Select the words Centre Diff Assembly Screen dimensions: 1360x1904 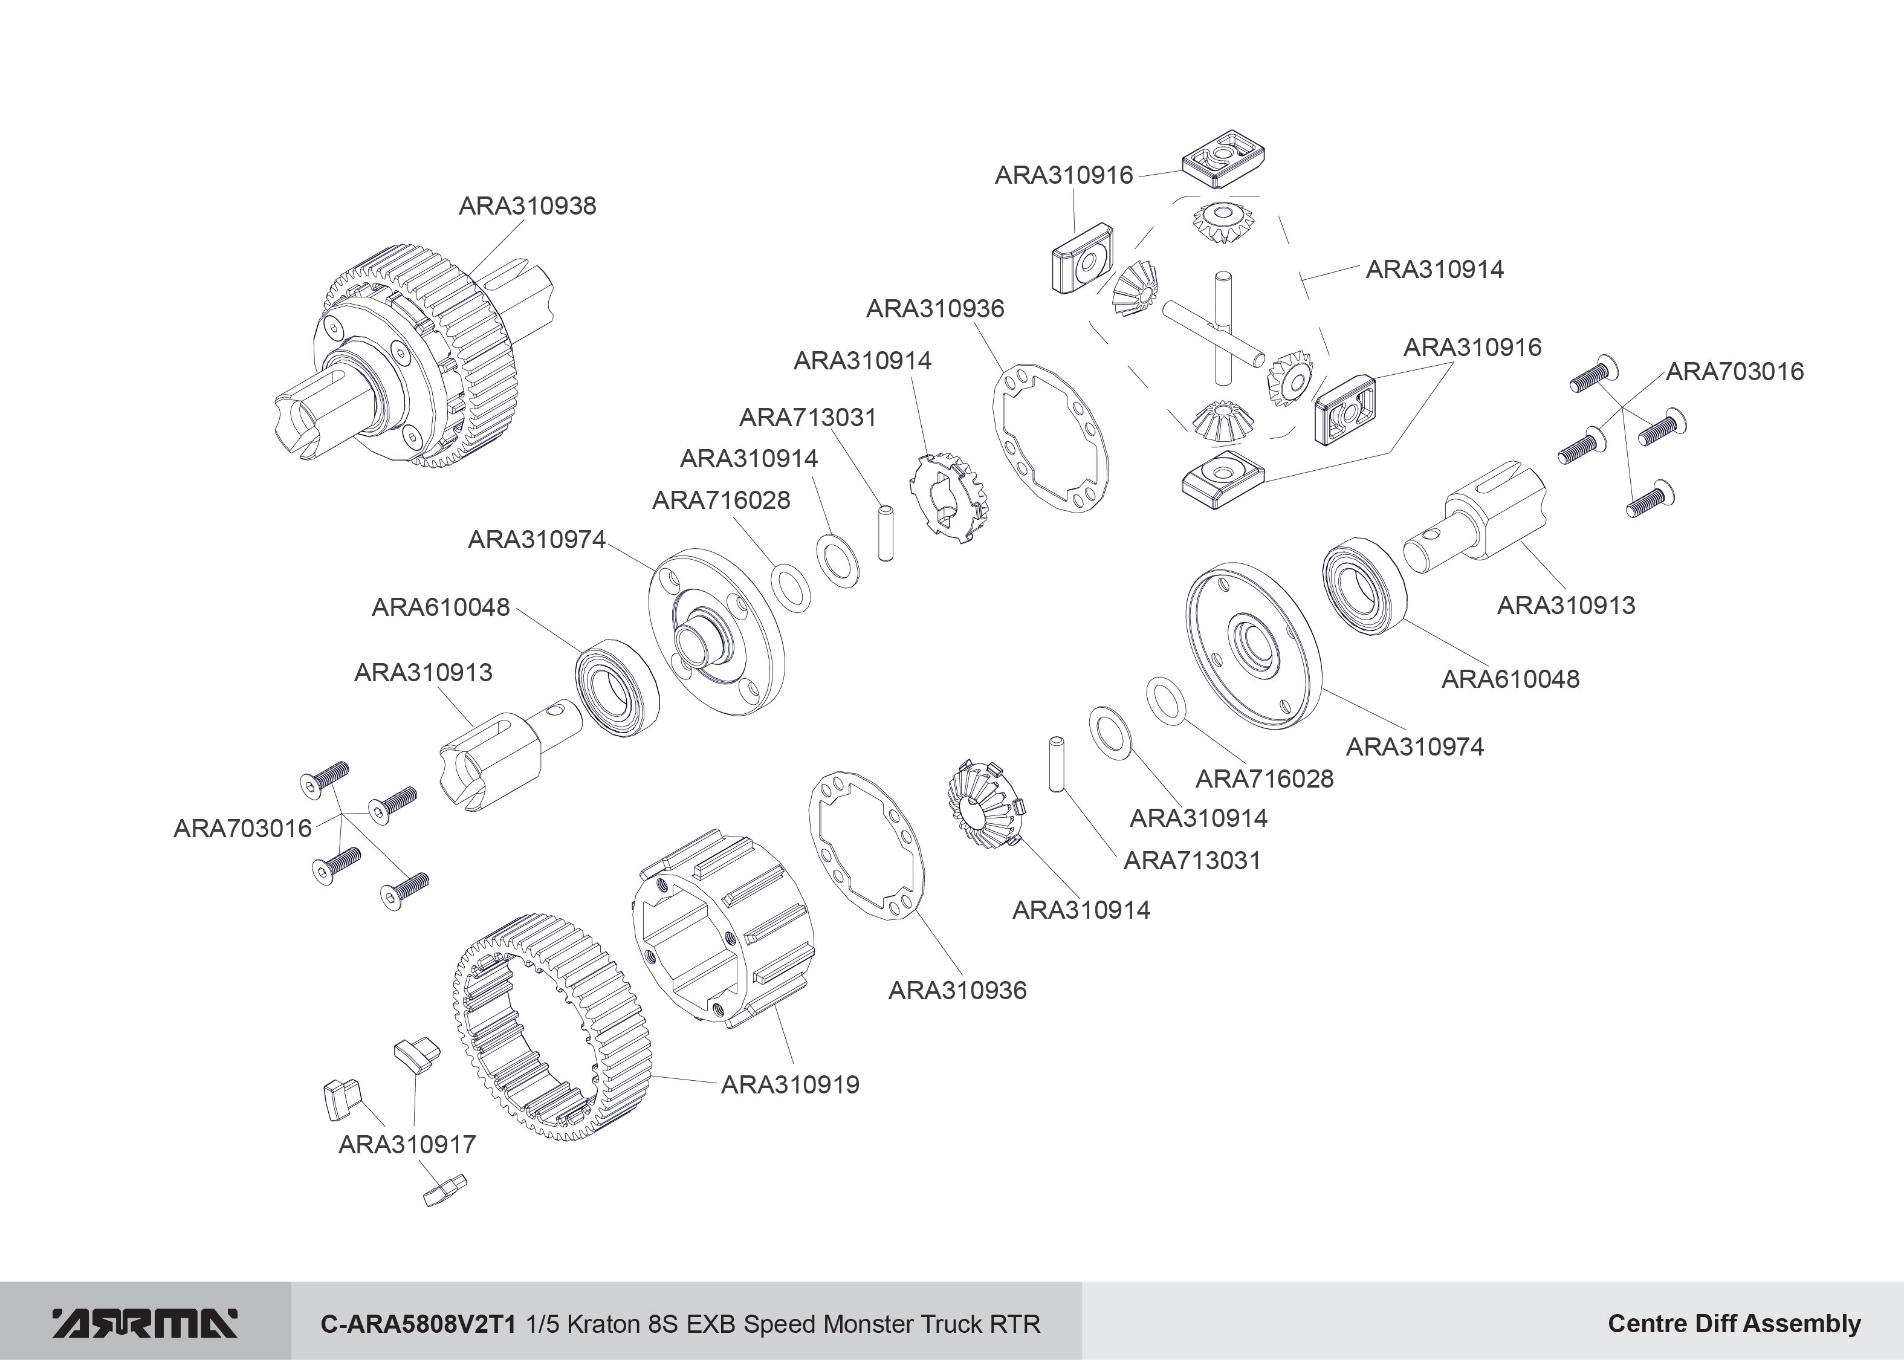coord(1734,1324)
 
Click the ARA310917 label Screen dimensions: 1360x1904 coord(407,1145)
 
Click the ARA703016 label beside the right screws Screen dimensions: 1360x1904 coord(1734,372)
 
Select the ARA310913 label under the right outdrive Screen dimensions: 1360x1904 coord(1566,606)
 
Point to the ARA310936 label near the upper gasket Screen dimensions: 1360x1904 coord(934,309)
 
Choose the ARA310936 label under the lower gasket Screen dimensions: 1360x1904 coord(957,991)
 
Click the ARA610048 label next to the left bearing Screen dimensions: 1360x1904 coord(441,608)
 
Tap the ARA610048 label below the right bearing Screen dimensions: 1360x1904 coord(1510,679)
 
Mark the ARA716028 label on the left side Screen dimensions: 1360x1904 coord(721,501)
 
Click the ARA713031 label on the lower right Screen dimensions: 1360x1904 coord(1191,861)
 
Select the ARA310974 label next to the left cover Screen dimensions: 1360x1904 coord(536,540)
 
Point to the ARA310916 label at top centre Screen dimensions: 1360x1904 coord(1063,176)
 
